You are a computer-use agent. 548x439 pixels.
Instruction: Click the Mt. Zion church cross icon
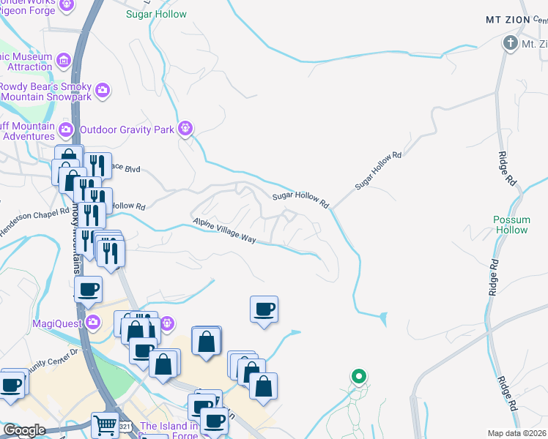click(511, 43)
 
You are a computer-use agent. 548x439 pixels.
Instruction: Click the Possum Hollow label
click(511, 225)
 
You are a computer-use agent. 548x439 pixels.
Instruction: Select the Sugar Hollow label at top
click(156, 14)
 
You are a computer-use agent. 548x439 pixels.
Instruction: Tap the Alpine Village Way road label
click(223, 230)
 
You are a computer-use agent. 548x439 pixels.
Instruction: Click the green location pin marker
click(358, 377)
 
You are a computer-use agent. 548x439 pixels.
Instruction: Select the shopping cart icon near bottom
click(105, 424)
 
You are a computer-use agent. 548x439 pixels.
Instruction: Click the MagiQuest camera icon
click(92, 322)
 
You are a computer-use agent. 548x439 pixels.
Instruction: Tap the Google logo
click(24, 430)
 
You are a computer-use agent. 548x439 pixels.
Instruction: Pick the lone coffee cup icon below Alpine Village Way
click(264, 308)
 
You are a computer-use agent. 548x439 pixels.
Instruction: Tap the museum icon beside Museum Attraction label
click(63, 59)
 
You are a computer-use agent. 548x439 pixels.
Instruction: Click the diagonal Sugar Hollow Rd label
click(379, 171)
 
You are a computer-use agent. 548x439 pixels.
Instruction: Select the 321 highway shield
click(125, 426)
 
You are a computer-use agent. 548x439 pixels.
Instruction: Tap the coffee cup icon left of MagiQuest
click(88, 289)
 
